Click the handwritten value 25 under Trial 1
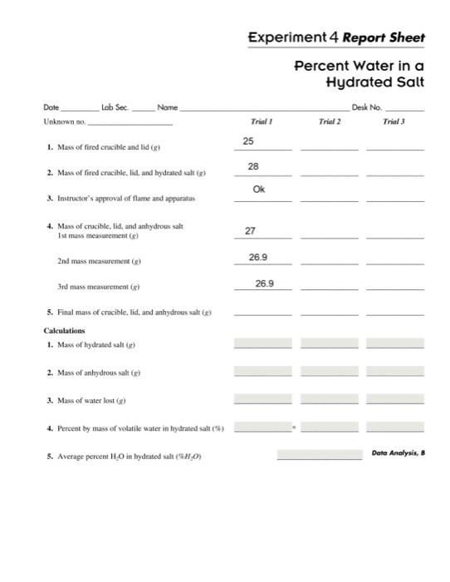click(x=247, y=142)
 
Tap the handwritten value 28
click(x=253, y=167)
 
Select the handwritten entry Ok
click(x=258, y=190)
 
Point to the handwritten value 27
click(x=250, y=230)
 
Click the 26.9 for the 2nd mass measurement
click(x=258, y=257)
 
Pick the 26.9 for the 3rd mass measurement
click(x=264, y=284)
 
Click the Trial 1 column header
click(x=262, y=122)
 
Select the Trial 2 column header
click(x=330, y=122)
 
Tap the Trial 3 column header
click(x=394, y=122)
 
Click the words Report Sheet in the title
click(x=383, y=37)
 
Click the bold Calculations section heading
click(x=65, y=330)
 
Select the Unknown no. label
click(x=64, y=122)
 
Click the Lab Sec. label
click(x=115, y=107)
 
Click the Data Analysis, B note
click(x=398, y=453)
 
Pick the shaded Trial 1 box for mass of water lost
click(x=262, y=400)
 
